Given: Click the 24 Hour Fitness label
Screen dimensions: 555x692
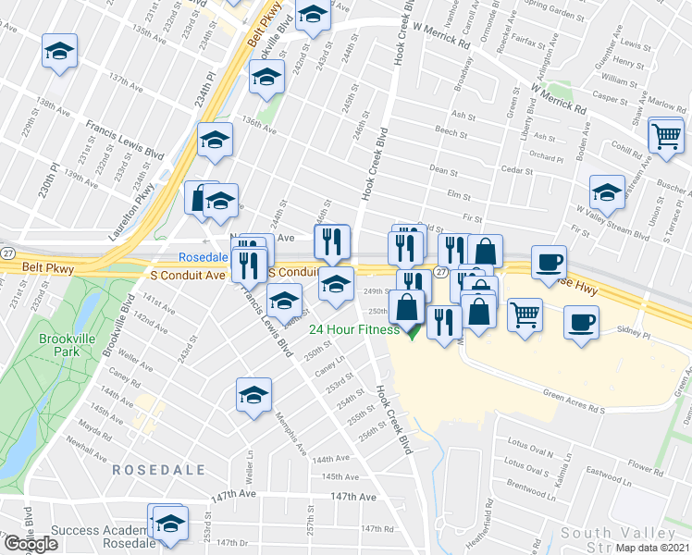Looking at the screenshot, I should point(354,329).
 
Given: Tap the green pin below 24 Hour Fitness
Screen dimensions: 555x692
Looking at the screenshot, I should point(413,330).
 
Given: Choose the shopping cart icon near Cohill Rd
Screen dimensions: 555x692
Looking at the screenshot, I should point(665,135).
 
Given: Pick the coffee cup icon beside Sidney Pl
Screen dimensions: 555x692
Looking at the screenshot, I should point(581,322).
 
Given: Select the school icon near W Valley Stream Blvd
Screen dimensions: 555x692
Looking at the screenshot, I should point(607,191).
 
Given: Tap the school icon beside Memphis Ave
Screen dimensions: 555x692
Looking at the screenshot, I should point(253,395).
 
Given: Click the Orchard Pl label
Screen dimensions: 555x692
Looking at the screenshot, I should point(547,158).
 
